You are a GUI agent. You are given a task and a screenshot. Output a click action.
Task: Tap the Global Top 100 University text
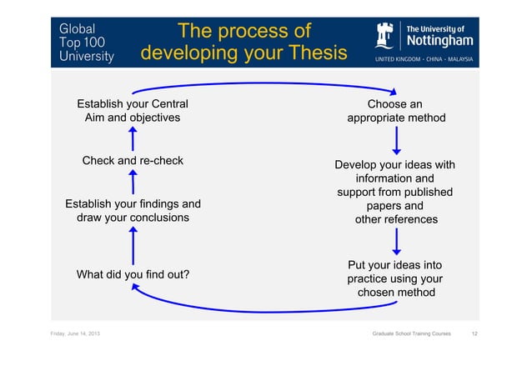[86, 42]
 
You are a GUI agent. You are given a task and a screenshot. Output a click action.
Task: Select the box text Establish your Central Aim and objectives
[133, 111]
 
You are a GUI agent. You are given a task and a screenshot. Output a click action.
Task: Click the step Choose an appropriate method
[396, 111]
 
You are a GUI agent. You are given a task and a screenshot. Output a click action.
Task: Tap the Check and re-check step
[133, 160]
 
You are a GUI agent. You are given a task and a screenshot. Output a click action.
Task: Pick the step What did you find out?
[133, 274]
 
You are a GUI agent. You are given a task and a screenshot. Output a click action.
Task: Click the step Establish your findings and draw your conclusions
[133, 210]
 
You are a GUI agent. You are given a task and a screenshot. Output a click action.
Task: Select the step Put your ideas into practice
[395, 278]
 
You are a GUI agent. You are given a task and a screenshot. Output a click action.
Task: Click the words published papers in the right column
[397, 199]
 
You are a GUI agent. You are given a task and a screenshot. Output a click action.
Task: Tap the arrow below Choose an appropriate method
[396, 139]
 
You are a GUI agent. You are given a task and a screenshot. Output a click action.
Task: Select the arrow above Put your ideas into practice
[396, 241]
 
